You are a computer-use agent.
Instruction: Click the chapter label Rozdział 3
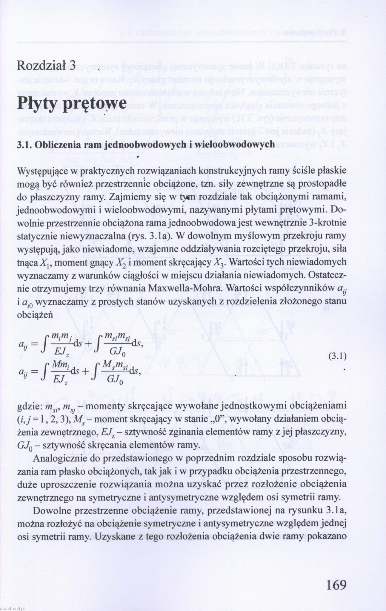tap(46, 65)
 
